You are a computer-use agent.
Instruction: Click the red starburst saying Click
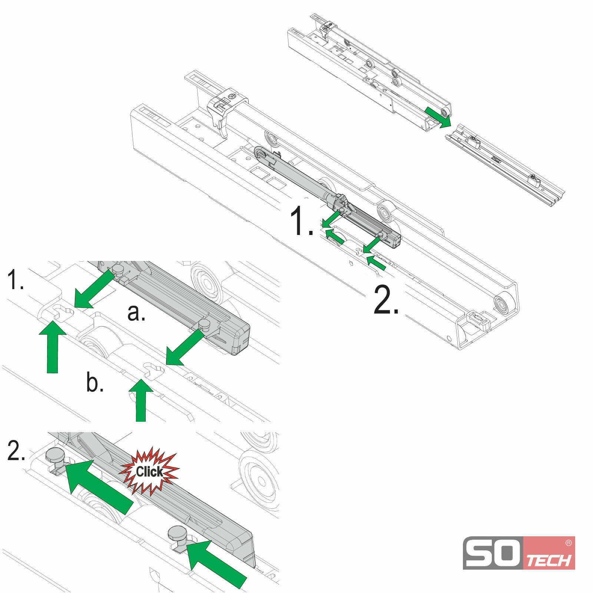149,472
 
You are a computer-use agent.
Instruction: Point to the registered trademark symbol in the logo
568,543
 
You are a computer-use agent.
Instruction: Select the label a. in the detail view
136,312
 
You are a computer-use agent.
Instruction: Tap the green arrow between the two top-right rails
438,116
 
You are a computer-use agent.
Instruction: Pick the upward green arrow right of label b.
140,400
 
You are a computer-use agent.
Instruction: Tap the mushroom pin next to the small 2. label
55,456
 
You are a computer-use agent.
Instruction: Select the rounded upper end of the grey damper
262,154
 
